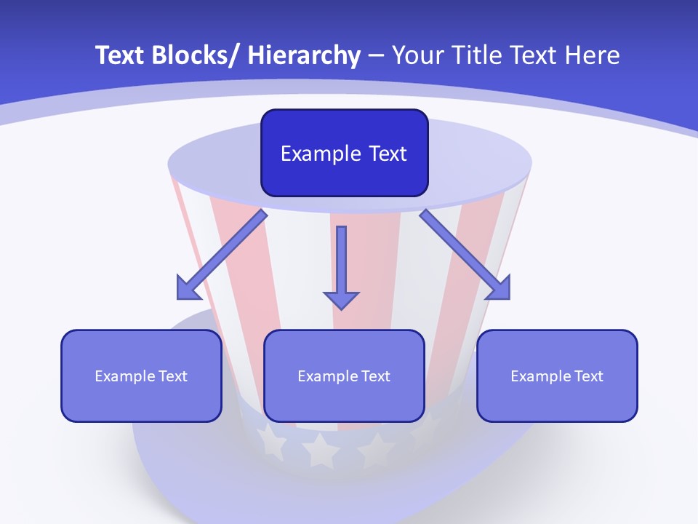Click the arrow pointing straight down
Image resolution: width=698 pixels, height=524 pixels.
click(341, 262)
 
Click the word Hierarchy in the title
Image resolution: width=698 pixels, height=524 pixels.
click(304, 55)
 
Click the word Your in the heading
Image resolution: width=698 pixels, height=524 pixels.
click(413, 55)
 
